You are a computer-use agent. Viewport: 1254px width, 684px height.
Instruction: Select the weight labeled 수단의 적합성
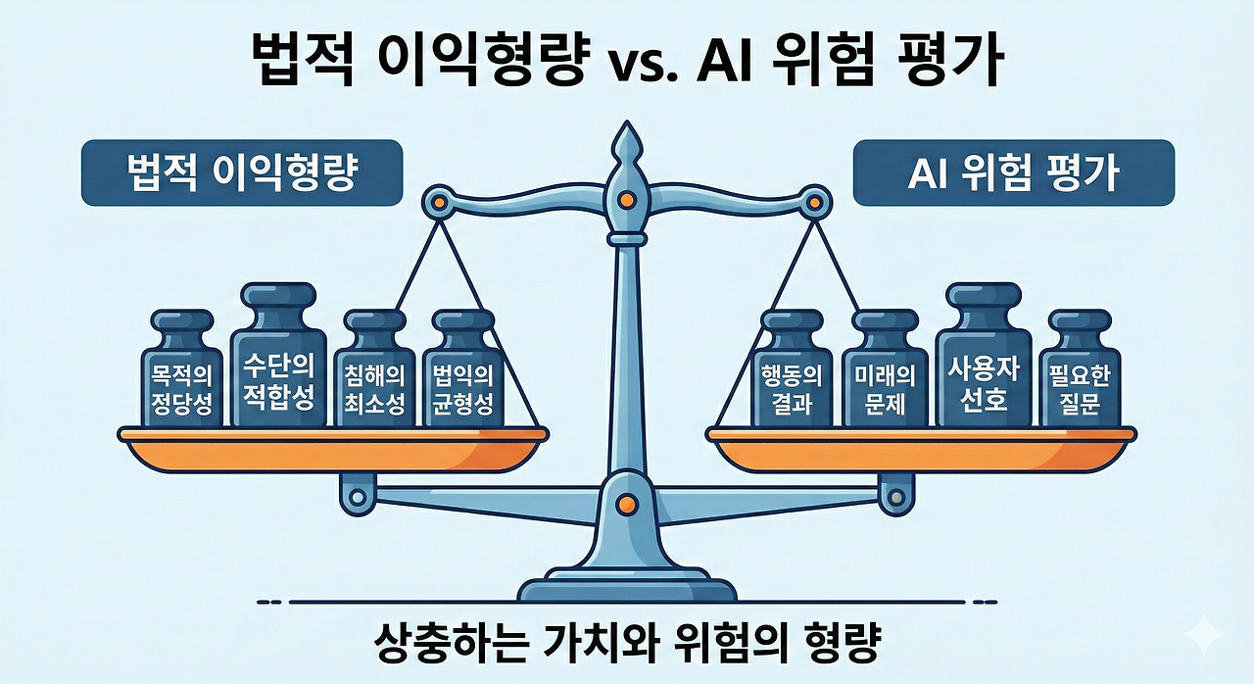tap(278, 367)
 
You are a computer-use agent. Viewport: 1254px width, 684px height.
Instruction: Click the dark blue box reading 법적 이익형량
tap(242, 172)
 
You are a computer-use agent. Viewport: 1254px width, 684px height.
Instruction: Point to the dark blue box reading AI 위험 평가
tap(1013, 172)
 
